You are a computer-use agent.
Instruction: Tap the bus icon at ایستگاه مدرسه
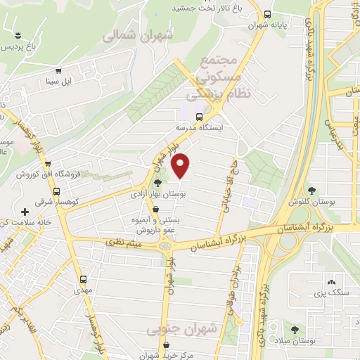pos(199,117)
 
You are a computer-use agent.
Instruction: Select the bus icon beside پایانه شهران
pos(267,14)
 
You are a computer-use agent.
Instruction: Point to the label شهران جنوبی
pos(175,329)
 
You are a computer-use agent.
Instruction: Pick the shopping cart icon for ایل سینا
pos(58,71)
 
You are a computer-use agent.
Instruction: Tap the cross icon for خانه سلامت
pos(25,211)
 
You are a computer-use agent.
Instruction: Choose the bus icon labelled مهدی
pos(83,279)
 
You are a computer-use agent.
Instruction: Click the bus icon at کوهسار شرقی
pos(56,191)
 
